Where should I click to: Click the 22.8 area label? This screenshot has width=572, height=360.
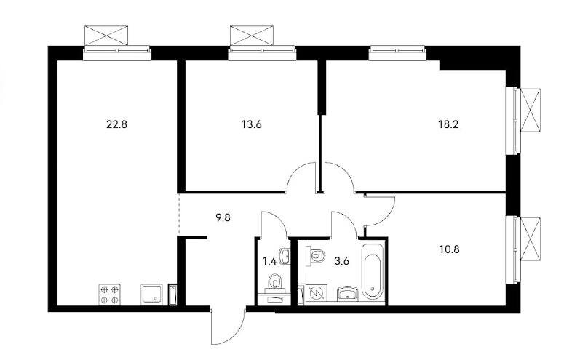click(x=116, y=125)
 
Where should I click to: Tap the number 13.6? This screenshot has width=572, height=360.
click(x=251, y=125)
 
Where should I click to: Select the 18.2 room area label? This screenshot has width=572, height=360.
click(x=448, y=125)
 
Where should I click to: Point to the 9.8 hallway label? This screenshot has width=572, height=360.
click(x=223, y=219)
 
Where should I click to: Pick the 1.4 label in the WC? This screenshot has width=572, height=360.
click(x=269, y=261)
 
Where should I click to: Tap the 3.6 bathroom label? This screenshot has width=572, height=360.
click(x=342, y=261)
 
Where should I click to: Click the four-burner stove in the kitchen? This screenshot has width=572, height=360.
click(x=110, y=295)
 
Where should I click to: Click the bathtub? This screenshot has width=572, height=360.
click(x=372, y=271)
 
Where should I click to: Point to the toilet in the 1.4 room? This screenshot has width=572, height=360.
click(x=274, y=283)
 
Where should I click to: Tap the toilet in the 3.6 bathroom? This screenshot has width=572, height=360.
click(x=317, y=255)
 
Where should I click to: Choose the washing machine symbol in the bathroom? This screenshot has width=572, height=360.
click(x=317, y=293)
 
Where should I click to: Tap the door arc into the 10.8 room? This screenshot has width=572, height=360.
click(x=386, y=217)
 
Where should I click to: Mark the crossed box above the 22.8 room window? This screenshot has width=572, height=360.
click(x=106, y=36)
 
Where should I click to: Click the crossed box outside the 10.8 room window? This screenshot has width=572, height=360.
click(x=531, y=239)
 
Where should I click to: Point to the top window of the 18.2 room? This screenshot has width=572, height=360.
click(x=397, y=53)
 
